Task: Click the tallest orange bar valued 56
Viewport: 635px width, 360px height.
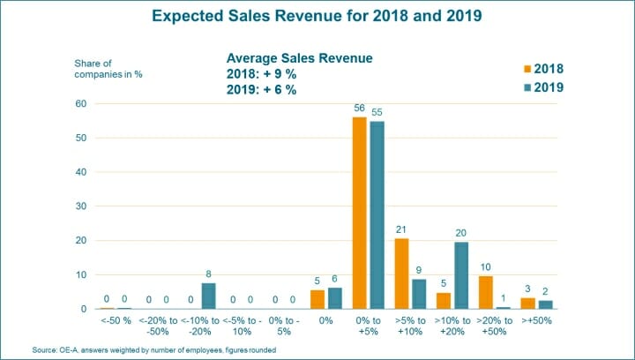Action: click(x=359, y=213)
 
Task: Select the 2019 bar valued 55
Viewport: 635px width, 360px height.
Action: click(x=377, y=214)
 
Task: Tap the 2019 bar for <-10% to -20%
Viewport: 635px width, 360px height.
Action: click(x=209, y=296)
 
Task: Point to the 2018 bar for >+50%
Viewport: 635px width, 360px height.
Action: click(x=527, y=303)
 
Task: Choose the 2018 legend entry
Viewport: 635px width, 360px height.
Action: click(x=543, y=69)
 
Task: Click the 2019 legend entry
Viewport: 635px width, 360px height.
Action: click(x=543, y=87)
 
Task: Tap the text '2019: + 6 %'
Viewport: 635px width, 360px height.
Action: click(x=261, y=90)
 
